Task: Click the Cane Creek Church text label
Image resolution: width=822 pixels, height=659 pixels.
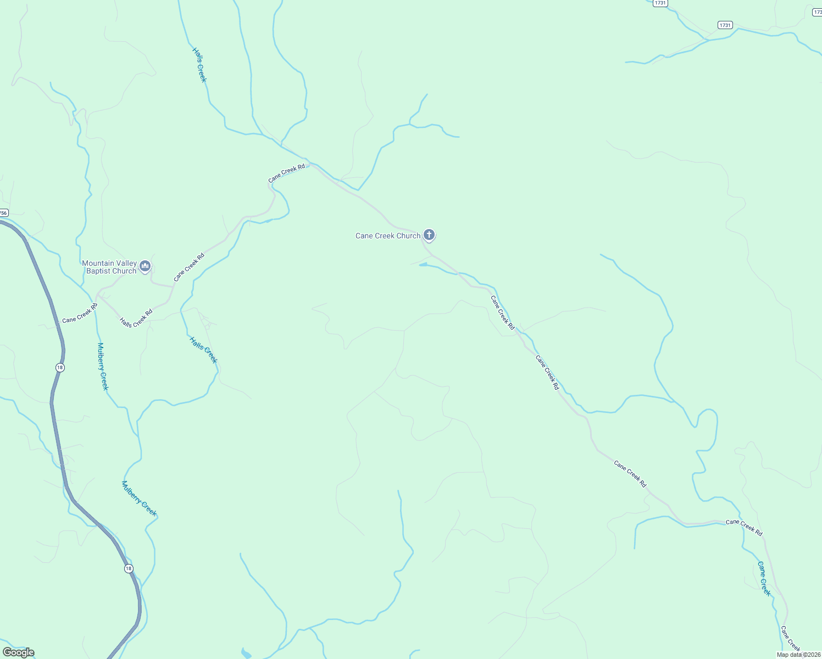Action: [x=387, y=236]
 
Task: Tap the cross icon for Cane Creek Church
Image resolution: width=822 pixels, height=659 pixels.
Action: [x=429, y=235]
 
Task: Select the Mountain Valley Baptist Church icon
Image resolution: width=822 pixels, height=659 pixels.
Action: [x=145, y=266]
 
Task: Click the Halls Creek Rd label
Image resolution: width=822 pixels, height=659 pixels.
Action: [x=136, y=318]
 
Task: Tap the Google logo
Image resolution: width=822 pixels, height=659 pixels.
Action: [x=19, y=652]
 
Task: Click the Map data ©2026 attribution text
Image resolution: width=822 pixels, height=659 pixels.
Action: [x=798, y=655]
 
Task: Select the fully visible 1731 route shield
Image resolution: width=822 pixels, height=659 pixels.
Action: [x=725, y=25]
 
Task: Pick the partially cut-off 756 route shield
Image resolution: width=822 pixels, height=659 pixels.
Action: [x=4, y=213]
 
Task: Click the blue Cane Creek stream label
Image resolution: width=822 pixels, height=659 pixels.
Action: [x=764, y=578]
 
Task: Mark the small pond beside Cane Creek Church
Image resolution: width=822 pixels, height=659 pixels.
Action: [x=423, y=265]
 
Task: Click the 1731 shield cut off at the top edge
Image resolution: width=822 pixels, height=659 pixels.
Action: [x=660, y=3]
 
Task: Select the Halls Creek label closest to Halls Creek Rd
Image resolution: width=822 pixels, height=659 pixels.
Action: [x=203, y=350]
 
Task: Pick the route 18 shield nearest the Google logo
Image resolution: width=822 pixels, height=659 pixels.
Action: [x=129, y=568]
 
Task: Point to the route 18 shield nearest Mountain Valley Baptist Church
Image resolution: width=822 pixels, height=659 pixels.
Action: [x=60, y=367]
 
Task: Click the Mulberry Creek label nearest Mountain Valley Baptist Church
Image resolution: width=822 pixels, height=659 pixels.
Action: [x=103, y=366]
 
